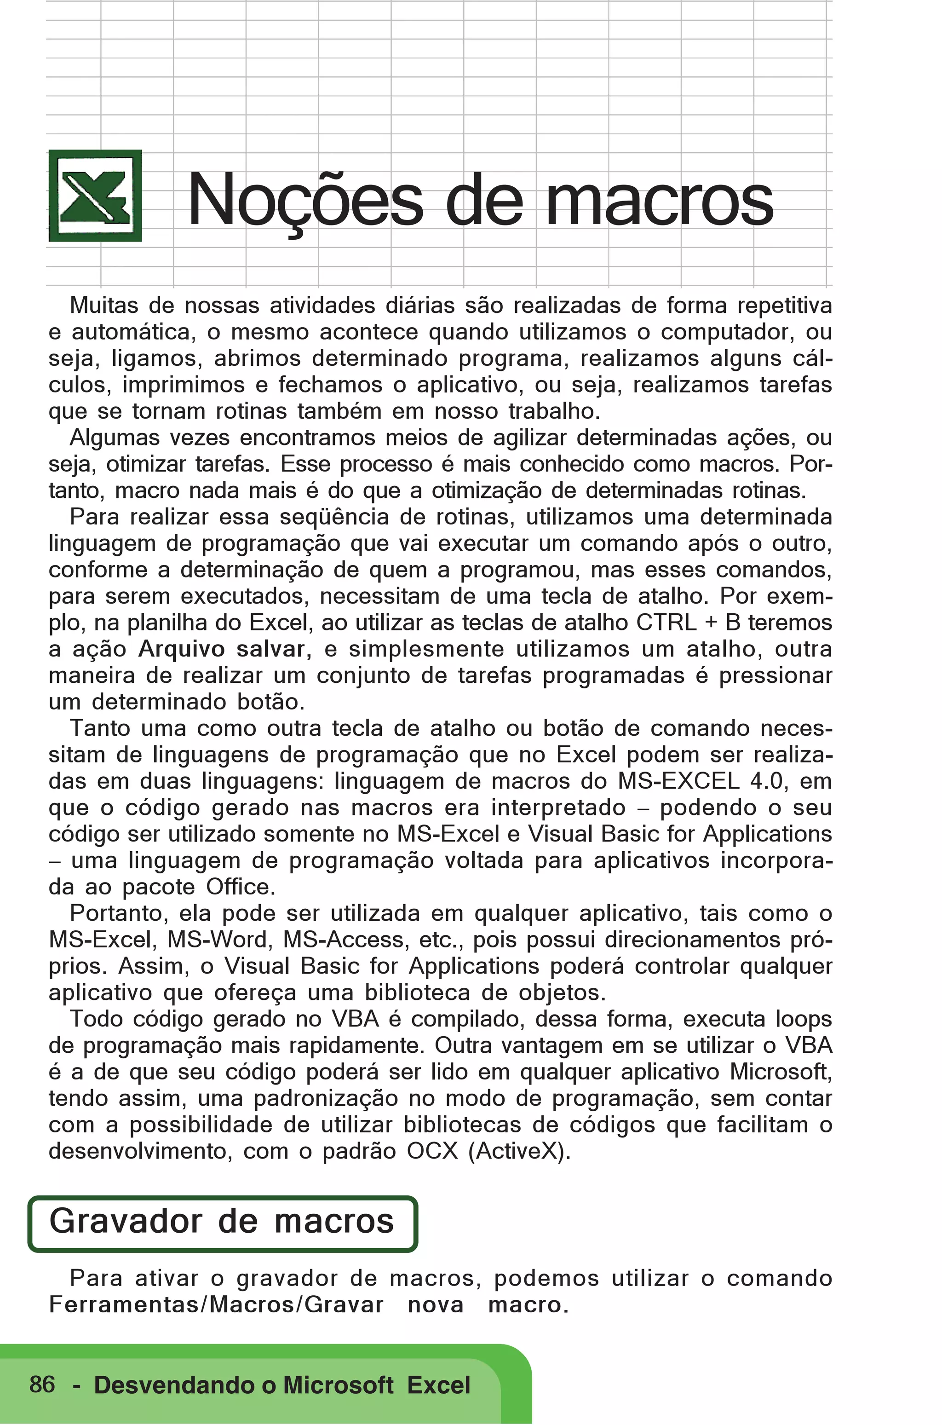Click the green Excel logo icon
click(95, 196)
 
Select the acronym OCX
click(432, 1152)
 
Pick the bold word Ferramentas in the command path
click(126, 1305)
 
